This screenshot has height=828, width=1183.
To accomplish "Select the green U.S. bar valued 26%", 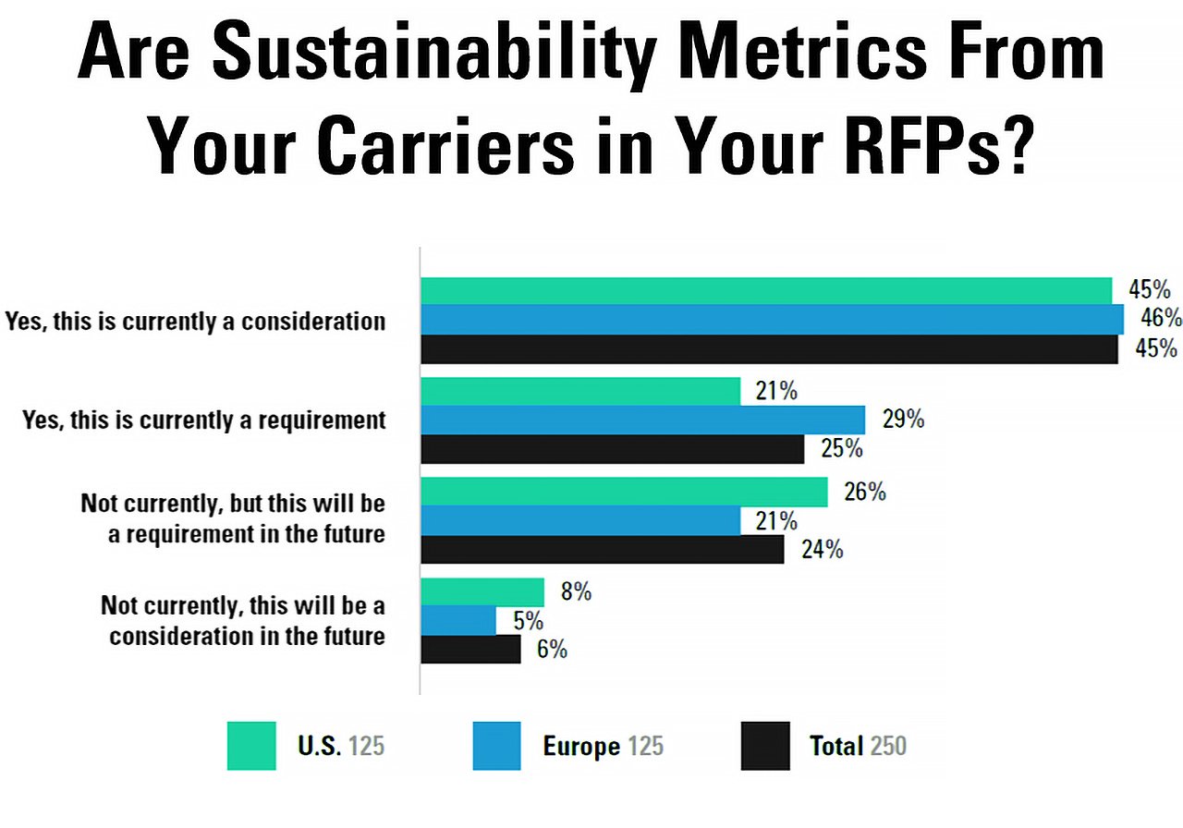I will click(624, 493).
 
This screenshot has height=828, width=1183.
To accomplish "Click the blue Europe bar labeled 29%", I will click(642, 420).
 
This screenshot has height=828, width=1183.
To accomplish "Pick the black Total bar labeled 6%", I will click(470, 649).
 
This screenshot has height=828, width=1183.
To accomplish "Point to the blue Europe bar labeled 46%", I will click(772, 319).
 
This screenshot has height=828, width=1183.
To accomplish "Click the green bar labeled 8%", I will click(482, 592).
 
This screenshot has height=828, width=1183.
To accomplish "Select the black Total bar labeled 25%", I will click(612, 449).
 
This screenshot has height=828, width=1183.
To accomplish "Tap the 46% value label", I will click(1161, 319).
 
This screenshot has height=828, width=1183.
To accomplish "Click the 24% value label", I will click(822, 550).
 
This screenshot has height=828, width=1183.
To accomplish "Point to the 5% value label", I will click(528, 621).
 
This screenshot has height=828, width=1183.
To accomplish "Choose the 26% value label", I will click(864, 493).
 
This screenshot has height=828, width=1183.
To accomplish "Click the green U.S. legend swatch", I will click(251, 746).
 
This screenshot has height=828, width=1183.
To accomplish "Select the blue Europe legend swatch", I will click(496, 746).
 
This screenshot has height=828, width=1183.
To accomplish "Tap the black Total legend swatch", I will click(765, 746).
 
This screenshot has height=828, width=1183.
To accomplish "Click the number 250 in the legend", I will click(887, 746).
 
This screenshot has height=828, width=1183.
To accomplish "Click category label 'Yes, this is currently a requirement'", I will click(203, 420).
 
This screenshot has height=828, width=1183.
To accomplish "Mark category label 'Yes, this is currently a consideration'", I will click(195, 322).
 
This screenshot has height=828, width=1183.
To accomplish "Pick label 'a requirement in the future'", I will click(246, 534).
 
